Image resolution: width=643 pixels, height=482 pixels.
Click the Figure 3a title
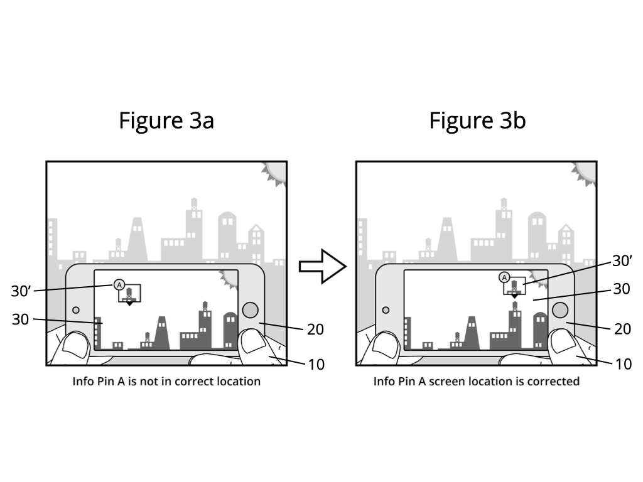click(166, 120)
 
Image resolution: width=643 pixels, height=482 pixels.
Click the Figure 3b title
click(477, 120)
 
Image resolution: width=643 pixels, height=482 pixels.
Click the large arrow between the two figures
click(322, 266)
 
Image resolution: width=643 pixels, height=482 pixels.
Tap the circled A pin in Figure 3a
click(119, 285)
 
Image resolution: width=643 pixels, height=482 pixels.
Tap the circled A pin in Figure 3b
click(504, 277)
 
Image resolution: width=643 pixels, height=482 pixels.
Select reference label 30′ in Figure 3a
click(21, 291)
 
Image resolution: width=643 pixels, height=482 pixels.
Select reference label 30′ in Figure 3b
click(622, 260)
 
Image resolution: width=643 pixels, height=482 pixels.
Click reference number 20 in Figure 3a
click(315, 329)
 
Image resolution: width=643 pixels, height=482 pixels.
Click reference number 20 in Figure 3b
click(622, 329)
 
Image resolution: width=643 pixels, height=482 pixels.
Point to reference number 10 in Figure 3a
click(316, 365)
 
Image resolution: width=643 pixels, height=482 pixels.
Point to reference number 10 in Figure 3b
click(624, 364)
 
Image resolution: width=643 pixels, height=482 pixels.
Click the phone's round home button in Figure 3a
click(250, 310)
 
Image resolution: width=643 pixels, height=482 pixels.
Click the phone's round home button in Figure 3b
click(560, 310)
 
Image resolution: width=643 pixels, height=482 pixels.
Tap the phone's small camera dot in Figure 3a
click(76, 310)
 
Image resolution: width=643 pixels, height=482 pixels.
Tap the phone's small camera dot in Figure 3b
click(386, 310)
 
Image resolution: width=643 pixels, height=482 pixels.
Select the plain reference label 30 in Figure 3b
click(622, 289)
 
